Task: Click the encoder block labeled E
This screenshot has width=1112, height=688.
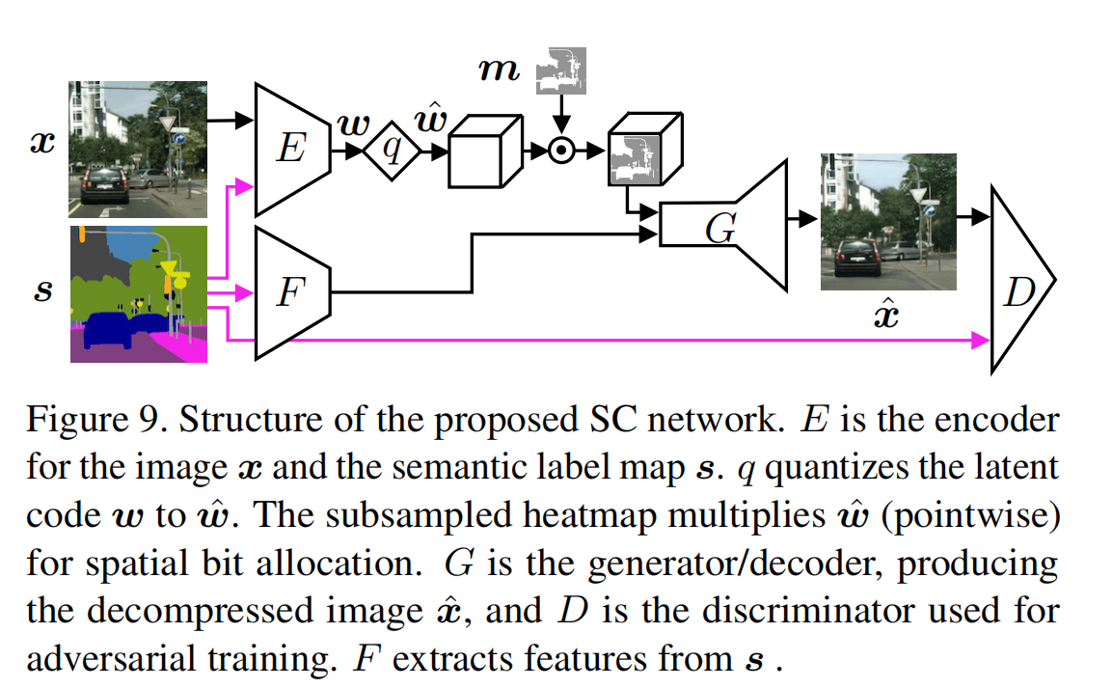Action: (x=290, y=150)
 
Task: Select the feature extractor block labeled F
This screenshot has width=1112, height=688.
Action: (x=289, y=292)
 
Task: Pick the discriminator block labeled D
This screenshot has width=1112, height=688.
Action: (x=1019, y=281)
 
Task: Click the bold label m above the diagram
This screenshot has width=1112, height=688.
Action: (x=501, y=71)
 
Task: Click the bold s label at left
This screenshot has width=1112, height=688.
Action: (x=43, y=290)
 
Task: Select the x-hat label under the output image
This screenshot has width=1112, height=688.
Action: (x=886, y=314)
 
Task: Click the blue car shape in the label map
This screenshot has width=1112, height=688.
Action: (x=112, y=331)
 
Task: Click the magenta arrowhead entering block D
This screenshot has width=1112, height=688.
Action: (x=982, y=340)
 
